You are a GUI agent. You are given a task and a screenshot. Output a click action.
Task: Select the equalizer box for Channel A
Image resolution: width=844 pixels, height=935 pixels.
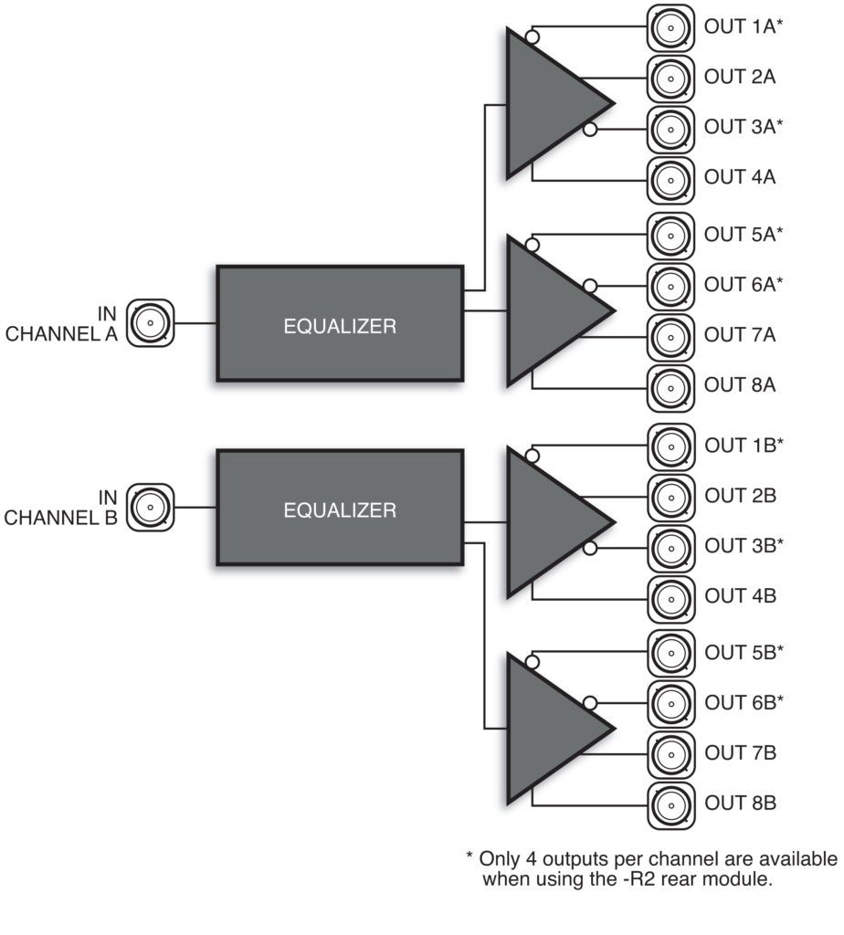[x=340, y=323]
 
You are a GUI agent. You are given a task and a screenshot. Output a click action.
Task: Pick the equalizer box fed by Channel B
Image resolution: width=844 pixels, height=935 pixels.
[x=340, y=508]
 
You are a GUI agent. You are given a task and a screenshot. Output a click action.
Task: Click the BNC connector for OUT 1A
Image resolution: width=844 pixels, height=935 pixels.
[x=671, y=27]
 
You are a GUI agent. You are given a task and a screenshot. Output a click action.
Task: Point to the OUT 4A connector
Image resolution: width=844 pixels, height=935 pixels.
[x=671, y=177]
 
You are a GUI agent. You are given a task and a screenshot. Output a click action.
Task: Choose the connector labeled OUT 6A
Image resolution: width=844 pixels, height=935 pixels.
[x=671, y=285]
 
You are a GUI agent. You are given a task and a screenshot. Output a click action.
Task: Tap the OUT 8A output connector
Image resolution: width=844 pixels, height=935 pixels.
[x=671, y=384]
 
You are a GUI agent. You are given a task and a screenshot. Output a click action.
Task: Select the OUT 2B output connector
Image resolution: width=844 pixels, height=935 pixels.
[x=671, y=497]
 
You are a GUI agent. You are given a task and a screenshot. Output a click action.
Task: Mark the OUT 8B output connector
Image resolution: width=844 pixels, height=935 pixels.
[x=671, y=804]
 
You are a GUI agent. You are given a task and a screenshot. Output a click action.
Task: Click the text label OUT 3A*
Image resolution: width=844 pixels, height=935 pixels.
[x=744, y=127]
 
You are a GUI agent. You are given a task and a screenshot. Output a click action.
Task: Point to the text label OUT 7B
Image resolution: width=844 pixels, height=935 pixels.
[x=740, y=754]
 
